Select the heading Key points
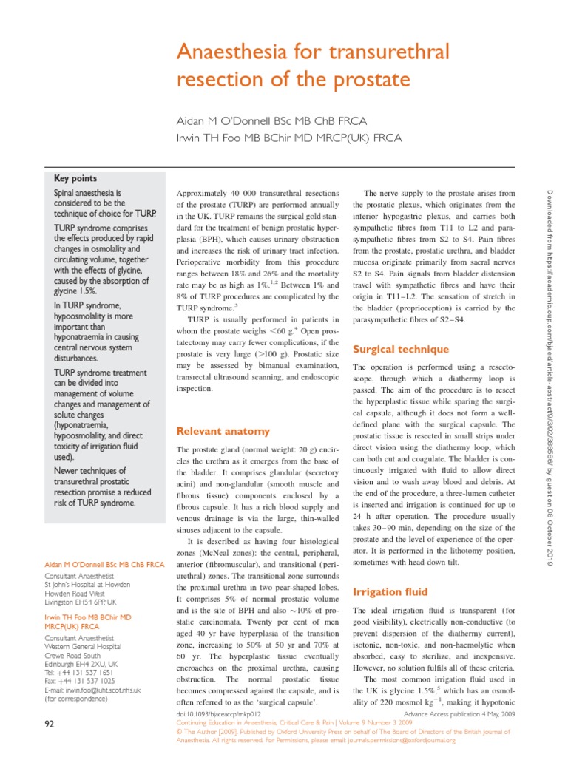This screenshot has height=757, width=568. (75, 178)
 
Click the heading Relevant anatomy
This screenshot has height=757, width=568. (223, 431)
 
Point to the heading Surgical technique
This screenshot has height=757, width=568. (401, 349)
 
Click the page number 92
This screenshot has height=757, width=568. (50, 724)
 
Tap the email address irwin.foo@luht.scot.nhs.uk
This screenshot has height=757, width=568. (103, 690)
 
